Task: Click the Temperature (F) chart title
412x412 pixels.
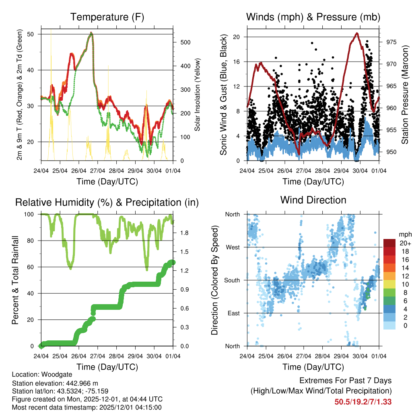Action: click(107, 17)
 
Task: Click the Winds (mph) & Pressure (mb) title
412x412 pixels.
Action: click(313, 17)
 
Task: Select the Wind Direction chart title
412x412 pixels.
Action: click(313, 200)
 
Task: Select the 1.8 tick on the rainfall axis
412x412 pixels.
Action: click(182, 233)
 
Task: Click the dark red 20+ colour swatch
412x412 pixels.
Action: click(390, 243)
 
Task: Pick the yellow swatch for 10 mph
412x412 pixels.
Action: click(390, 284)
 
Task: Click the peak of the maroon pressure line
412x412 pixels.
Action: click(356, 33)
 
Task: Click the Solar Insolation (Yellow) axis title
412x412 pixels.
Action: click(198, 95)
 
